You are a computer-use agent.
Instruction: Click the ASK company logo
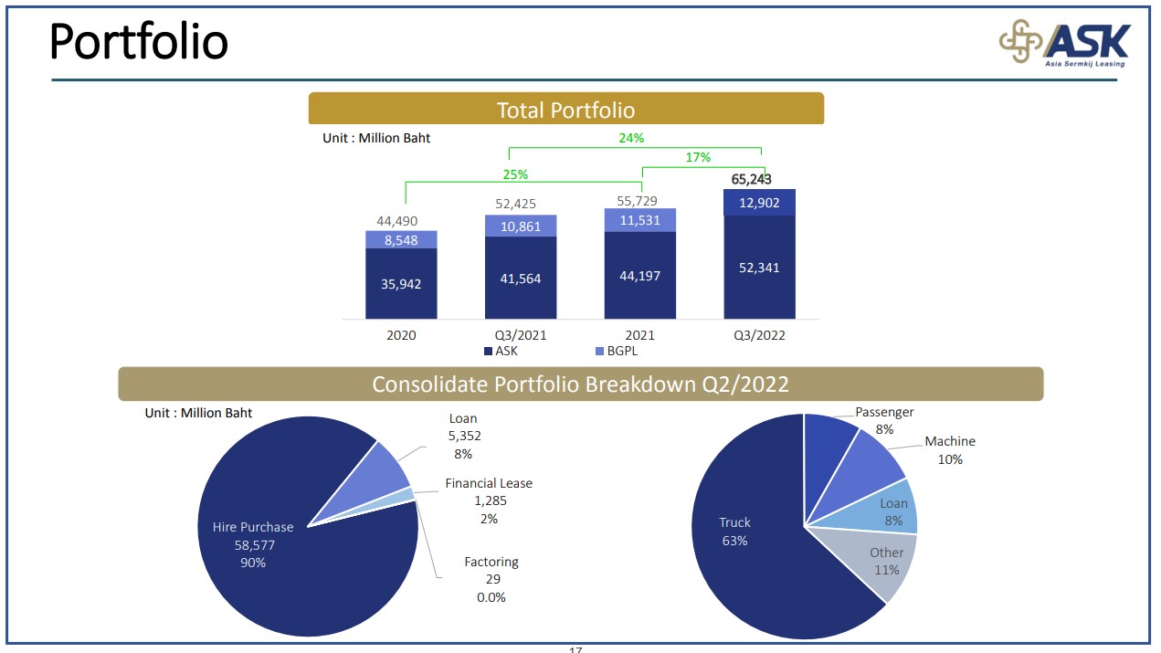point(1063,43)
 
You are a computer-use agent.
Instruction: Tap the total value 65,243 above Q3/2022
point(751,179)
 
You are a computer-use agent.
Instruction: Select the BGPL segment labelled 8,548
point(401,240)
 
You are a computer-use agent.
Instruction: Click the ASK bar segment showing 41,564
point(521,278)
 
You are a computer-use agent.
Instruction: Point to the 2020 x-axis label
point(401,335)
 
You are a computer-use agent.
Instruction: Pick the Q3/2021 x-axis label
point(521,335)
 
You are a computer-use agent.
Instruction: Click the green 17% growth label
point(698,157)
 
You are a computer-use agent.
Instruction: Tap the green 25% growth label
point(515,174)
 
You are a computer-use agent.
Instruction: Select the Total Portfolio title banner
point(565,110)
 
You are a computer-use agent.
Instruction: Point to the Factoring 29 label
point(491,579)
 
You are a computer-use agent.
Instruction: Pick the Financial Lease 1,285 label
point(489,500)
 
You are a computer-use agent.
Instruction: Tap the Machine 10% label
point(950,449)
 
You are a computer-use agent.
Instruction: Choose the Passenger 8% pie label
point(884,420)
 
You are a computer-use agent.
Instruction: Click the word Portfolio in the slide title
point(139,41)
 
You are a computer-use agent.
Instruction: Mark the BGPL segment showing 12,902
point(759,203)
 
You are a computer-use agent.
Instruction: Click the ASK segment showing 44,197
point(639,275)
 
